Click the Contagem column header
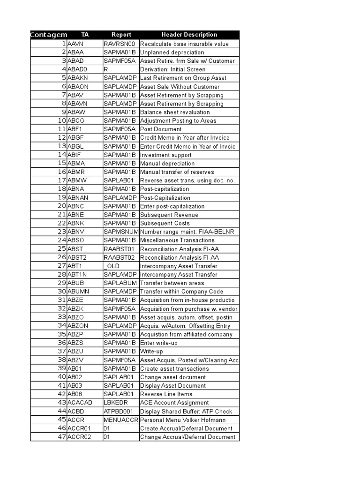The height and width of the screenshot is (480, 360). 48,35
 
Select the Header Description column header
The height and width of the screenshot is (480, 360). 189,35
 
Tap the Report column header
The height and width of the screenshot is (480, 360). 121,35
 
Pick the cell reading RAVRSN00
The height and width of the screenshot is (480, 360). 119,44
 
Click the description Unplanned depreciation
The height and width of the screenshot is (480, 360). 172,52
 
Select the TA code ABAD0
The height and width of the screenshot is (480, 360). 77,69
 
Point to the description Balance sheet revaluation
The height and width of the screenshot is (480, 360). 175,112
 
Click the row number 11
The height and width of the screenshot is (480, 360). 61,129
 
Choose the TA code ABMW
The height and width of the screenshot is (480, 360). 77,180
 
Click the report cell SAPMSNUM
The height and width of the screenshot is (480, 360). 121,232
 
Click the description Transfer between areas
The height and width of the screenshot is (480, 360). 172,283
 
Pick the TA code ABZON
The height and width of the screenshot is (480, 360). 78,326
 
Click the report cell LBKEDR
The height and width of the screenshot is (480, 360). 115,403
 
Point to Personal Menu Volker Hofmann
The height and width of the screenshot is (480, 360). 189,420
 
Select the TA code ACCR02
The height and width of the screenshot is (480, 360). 79,437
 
